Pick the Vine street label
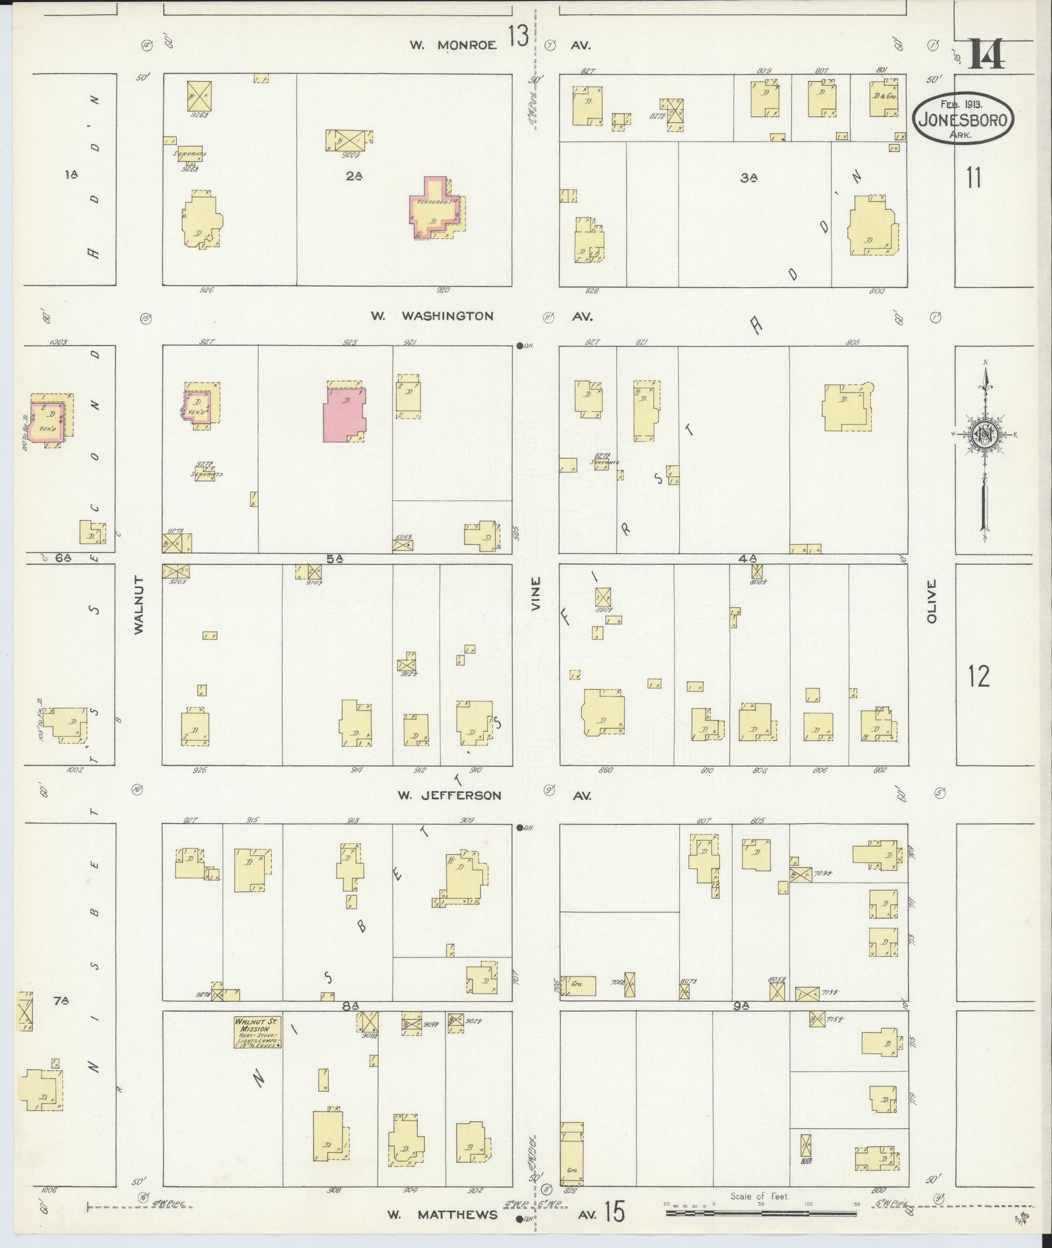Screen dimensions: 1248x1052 536,593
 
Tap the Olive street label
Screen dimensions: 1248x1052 931,601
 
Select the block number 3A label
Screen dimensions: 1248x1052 748,177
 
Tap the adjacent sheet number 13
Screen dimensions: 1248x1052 518,37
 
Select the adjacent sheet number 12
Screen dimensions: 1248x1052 978,676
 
